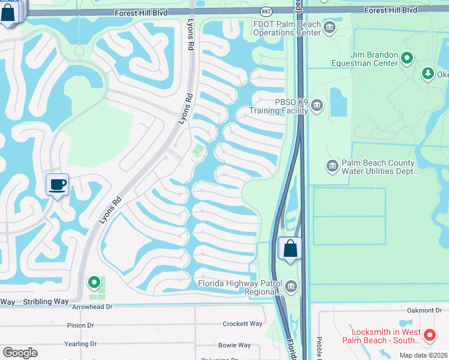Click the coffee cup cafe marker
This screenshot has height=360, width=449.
(x=57, y=185)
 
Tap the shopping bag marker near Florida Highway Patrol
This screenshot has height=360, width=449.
(x=290, y=248)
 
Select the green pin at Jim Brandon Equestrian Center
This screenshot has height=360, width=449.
(x=407, y=58)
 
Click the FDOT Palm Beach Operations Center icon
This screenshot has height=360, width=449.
(x=329, y=27)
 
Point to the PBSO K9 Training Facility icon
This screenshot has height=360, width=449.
(x=317, y=106)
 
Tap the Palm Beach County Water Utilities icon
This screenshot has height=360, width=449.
(x=332, y=166)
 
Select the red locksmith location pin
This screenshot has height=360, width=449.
(x=429, y=335)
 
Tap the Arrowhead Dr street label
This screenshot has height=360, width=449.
(x=92, y=307)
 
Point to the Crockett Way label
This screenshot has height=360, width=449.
(x=243, y=323)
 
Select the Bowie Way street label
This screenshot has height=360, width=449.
(x=235, y=345)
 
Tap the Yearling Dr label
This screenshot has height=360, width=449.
(x=80, y=344)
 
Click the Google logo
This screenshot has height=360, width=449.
(x=20, y=352)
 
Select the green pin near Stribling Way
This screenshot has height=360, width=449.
(x=94, y=281)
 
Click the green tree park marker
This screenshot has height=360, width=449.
(x=427, y=74)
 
